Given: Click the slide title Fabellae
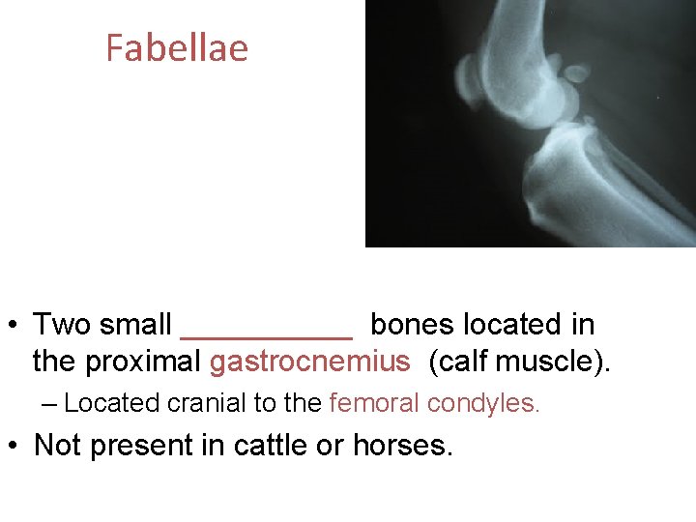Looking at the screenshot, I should tap(177, 47).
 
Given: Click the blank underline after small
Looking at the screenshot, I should tap(267, 333).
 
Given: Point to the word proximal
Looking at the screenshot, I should tap(145, 362).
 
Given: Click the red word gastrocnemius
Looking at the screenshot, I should tap(309, 362).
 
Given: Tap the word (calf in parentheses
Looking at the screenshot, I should tap(459, 362).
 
